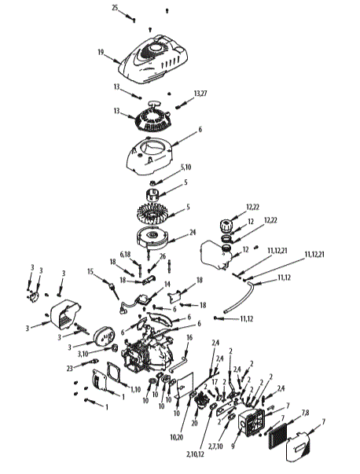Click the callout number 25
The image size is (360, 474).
[115, 7]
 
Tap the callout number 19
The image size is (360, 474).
[101, 52]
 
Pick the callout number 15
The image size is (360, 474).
[90, 271]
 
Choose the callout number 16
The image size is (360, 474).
[189, 337]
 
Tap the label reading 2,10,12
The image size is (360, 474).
[191, 454]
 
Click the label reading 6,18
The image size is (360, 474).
[126, 254]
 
